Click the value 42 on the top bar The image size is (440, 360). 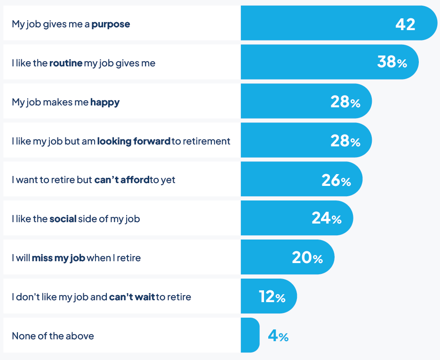[x=405, y=24]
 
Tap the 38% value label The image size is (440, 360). [x=392, y=63]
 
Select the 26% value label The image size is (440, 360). [x=336, y=180]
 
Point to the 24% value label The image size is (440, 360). [x=326, y=218]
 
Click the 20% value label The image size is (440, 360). [x=307, y=257]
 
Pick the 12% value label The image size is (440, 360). [x=272, y=296]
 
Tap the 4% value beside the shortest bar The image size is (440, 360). [x=278, y=336]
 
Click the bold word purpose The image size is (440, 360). [x=111, y=24]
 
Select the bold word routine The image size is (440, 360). [x=66, y=63]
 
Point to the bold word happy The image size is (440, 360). [x=105, y=102]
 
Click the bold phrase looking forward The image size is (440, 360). [x=134, y=141]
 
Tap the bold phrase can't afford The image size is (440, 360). [x=122, y=180]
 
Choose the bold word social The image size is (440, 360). [x=63, y=219]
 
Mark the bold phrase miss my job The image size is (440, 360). [x=58, y=258]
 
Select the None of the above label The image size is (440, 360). [x=53, y=336]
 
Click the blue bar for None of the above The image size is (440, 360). [x=250, y=335]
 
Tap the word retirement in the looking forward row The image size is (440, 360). [x=207, y=141]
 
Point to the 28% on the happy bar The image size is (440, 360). [x=345, y=102]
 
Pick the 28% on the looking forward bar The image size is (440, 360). [x=345, y=141]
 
